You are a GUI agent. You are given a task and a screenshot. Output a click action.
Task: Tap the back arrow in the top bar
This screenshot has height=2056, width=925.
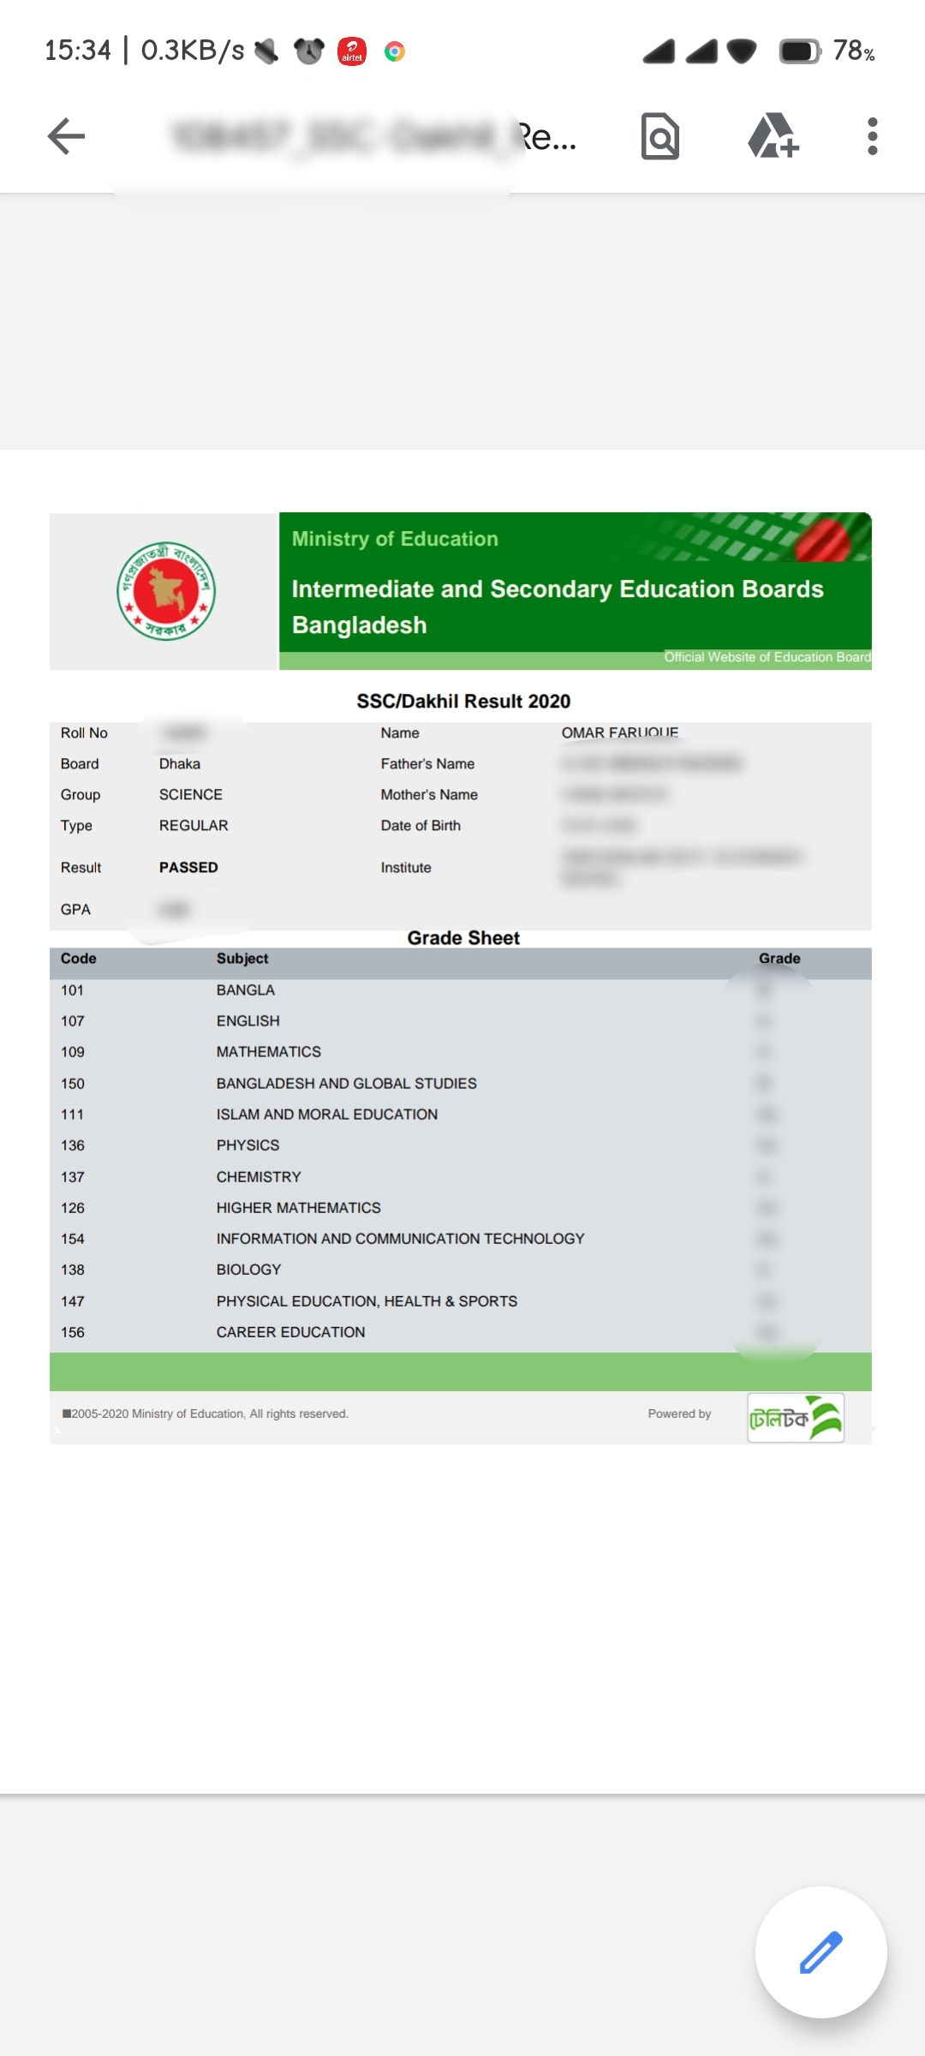point(66,136)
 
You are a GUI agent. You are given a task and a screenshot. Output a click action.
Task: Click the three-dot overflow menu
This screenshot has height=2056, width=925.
point(872,136)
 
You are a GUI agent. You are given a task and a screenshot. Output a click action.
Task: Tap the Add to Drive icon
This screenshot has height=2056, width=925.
point(773,136)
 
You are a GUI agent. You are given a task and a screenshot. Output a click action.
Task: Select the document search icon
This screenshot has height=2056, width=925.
point(659,136)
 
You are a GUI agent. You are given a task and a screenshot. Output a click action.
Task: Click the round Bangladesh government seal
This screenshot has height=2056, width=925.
point(166,591)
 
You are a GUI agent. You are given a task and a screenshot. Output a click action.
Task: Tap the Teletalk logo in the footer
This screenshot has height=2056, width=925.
point(796,1418)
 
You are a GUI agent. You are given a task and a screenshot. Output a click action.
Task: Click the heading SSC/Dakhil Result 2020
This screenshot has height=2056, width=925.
point(463,702)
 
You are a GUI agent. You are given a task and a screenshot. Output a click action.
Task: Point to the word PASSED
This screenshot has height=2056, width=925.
point(188,868)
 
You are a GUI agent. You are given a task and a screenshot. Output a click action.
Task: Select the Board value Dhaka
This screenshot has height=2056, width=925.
point(180,764)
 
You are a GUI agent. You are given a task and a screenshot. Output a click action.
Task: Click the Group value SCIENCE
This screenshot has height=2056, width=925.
point(191,795)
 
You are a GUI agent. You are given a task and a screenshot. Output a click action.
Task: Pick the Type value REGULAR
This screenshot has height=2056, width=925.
point(194,826)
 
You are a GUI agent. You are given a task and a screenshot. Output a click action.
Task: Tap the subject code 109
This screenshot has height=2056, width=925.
point(73,1052)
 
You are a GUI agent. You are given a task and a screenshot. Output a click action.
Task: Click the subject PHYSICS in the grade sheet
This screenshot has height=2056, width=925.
point(248,1145)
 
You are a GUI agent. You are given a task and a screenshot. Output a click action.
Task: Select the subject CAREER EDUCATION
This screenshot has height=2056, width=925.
point(290,1332)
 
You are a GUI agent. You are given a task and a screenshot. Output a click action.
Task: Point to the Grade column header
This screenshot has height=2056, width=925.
point(779,959)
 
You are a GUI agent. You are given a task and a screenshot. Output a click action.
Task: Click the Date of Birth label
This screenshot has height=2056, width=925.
point(421,826)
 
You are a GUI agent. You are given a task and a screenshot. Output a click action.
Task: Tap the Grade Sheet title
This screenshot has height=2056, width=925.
point(463,938)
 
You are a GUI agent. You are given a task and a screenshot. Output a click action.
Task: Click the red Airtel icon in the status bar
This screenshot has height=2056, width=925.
point(352,51)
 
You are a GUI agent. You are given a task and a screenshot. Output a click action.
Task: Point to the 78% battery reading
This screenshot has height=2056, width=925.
point(853,51)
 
